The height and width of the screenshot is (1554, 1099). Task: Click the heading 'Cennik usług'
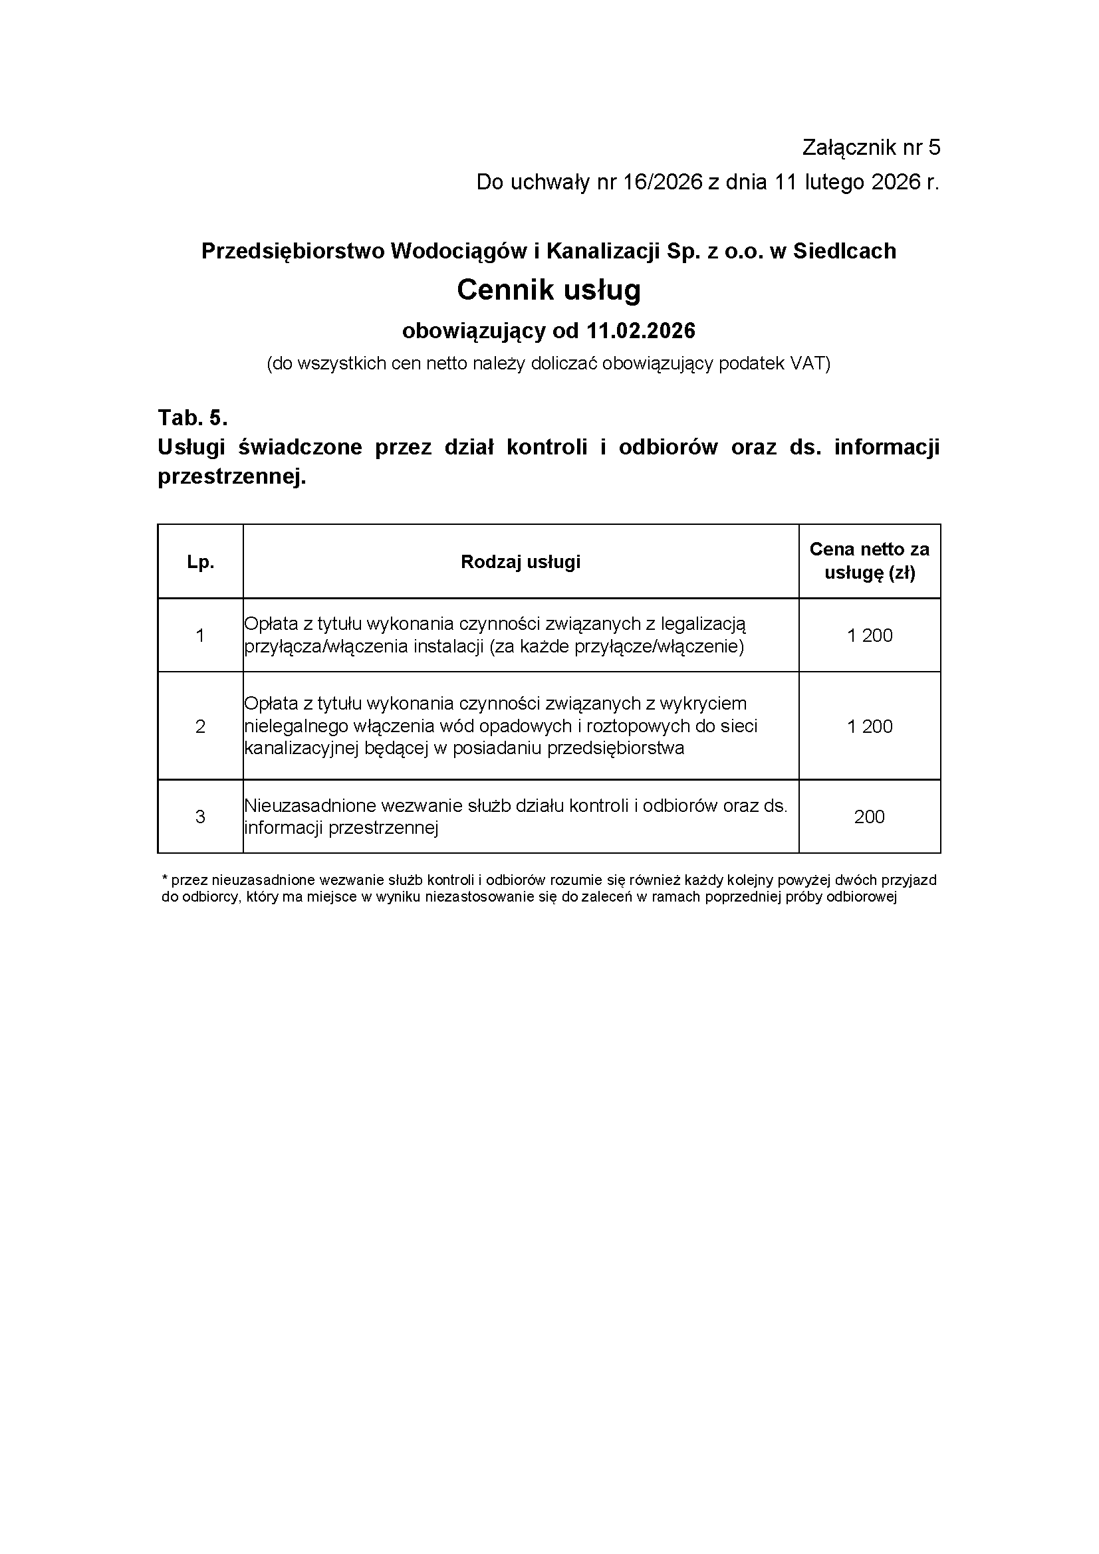coord(549,290)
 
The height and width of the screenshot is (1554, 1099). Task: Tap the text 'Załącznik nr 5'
coord(871,147)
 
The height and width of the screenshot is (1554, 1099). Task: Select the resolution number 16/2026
coord(662,182)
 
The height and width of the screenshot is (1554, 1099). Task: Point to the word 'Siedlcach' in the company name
coord(844,251)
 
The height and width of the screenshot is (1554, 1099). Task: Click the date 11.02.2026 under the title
coord(642,331)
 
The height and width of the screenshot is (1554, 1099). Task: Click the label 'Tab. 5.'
coord(192,418)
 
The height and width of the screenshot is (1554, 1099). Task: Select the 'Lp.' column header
coord(200,562)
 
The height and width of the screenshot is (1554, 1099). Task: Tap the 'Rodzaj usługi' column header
coord(520,562)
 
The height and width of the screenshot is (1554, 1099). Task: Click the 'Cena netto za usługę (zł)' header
coord(870,561)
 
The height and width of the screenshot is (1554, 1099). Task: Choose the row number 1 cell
coord(200,636)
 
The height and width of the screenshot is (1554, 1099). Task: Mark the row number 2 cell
coord(200,726)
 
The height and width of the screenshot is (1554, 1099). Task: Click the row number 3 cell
coord(200,817)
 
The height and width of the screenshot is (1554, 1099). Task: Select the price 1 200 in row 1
coord(870,636)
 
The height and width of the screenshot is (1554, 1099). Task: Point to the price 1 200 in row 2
coord(870,726)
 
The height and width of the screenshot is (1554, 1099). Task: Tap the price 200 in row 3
coord(870,817)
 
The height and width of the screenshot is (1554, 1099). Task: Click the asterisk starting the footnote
coord(164,878)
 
